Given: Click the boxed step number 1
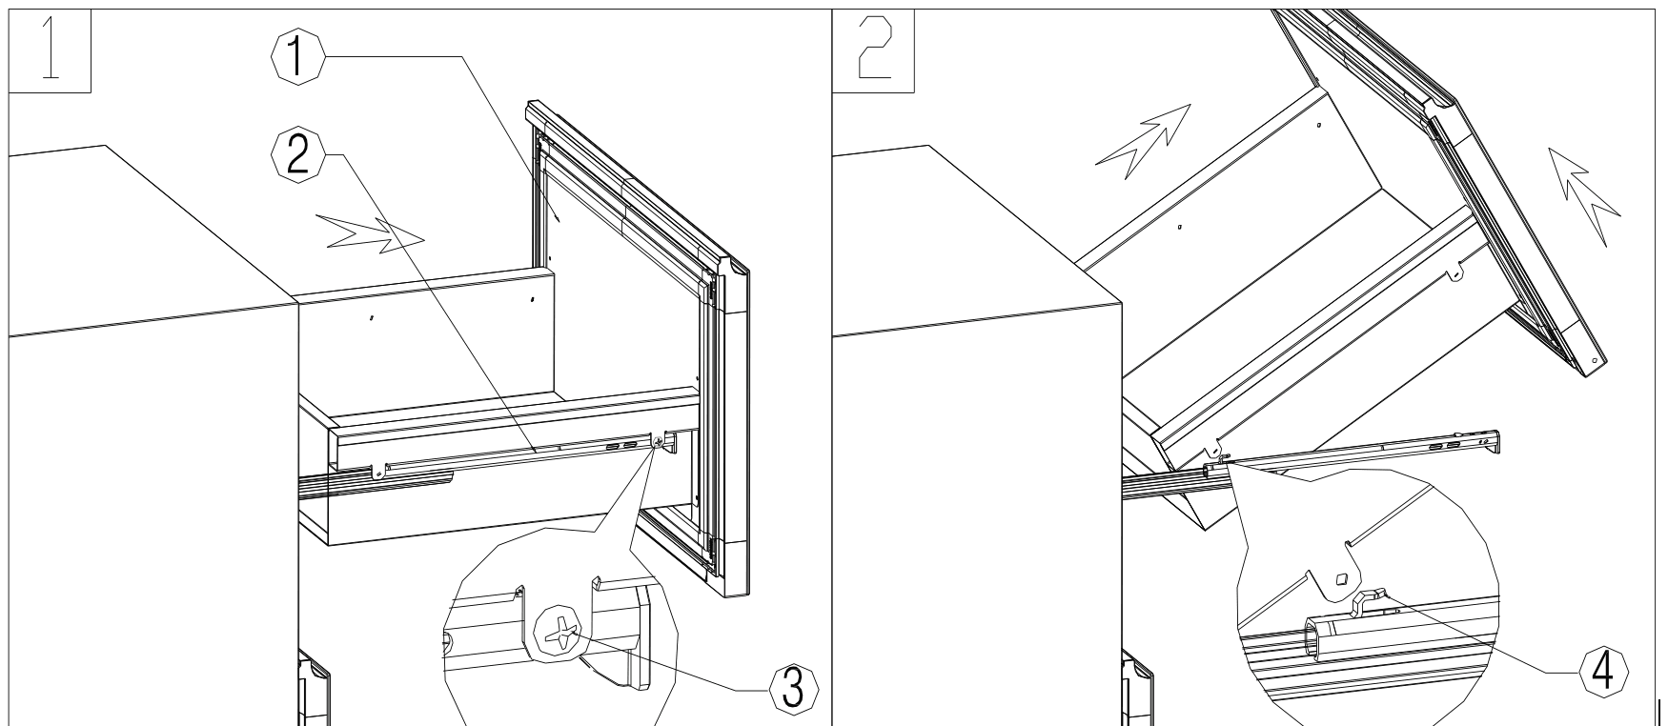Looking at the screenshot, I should tap(50, 53).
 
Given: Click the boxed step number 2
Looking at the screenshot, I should tap(873, 53).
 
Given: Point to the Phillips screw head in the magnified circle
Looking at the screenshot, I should tap(562, 632).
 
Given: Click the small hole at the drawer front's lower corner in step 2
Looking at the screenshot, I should tap(1593, 362).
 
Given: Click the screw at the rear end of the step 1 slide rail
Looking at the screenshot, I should tap(379, 468).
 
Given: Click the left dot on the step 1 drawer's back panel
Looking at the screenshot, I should tap(371, 317).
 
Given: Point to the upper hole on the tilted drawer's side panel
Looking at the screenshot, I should tap(1318, 125).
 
